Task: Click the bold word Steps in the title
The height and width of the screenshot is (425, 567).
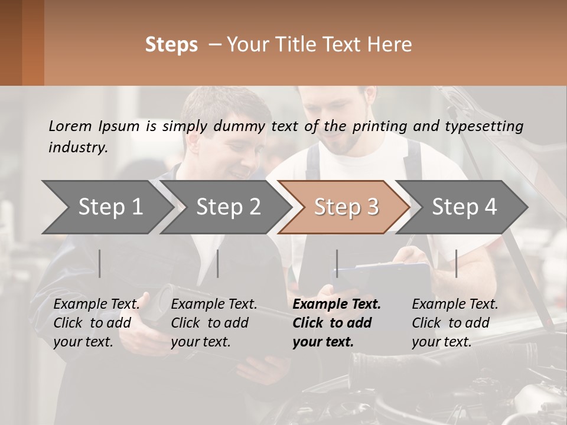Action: [x=171, y=45]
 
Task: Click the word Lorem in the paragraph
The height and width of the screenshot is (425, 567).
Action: [x=70, y=126]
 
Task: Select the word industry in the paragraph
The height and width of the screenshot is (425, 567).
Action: [x=78, y=148]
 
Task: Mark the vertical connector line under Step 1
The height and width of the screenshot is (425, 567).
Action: [x=100, y=263]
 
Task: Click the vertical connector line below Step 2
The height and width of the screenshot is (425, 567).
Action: [x=218, y=263]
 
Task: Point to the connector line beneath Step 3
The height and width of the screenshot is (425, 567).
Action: [x=337, y=263]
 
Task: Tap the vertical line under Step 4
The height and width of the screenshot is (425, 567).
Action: [x=456, y=263]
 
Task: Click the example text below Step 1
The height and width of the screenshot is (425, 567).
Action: [x=96, y=323]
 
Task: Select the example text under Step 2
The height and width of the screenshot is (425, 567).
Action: [x=214, y=323]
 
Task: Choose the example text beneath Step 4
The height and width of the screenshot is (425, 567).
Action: [x=455, y=323]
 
